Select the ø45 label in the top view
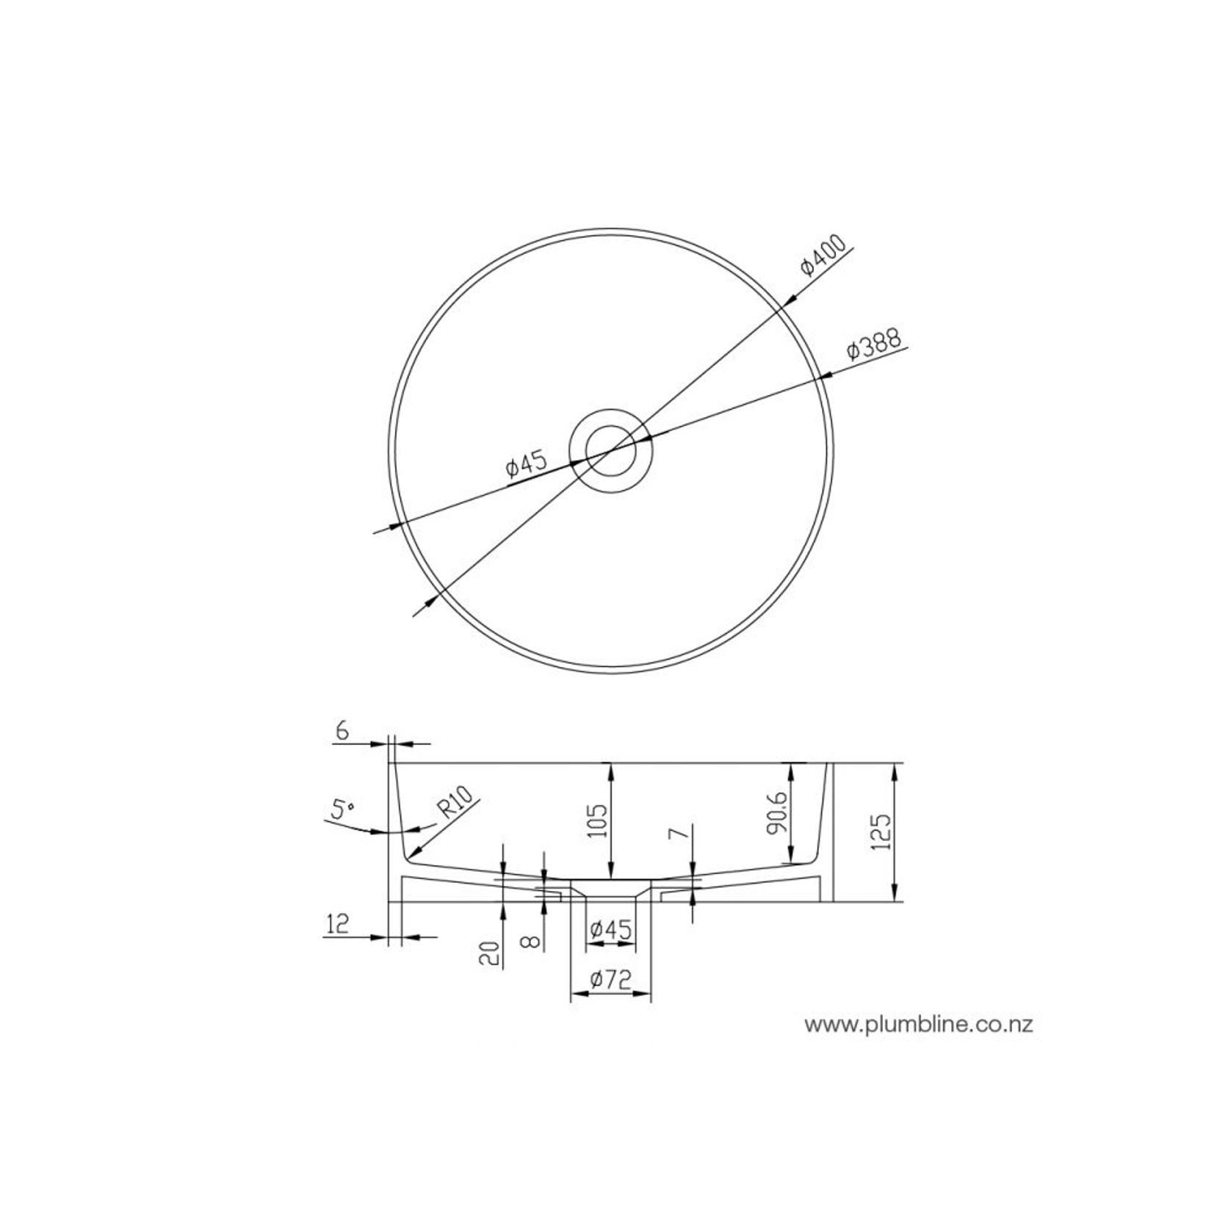[x=527, y=466]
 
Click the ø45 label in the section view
[x=610, y=930]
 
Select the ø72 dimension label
[x=611, y=980]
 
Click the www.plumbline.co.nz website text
[x=918, y=1025]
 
